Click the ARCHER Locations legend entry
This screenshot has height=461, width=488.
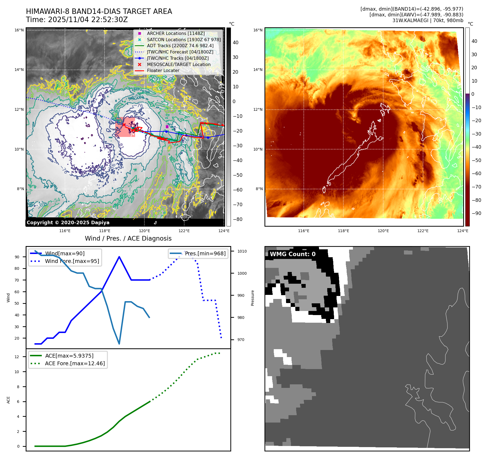point(175,33)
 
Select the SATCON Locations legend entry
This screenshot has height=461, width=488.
point(183,40)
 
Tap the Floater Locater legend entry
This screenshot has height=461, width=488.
point(163,70)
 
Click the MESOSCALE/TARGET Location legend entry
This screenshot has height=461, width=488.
point(178,64)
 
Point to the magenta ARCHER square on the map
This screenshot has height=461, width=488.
point(167,127)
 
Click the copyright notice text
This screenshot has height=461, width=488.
point(68,222)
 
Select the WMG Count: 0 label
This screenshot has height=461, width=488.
point(293,254)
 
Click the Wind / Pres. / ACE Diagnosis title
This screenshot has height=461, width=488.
point(128,238)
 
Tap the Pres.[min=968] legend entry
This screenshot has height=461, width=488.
point(205,253)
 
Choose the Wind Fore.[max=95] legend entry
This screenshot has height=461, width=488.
point(72,261)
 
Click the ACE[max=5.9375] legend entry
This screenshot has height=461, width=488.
point(69,356)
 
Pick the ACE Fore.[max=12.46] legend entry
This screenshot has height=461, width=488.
point(75,363)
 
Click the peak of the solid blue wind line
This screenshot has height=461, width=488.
point(119,257)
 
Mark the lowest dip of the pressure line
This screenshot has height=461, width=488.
point(119,344)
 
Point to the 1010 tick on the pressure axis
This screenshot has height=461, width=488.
point(242,251)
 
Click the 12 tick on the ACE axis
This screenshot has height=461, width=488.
point(17,357)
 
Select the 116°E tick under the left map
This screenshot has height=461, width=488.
point(65,231)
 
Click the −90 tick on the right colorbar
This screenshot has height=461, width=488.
point(477,213)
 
